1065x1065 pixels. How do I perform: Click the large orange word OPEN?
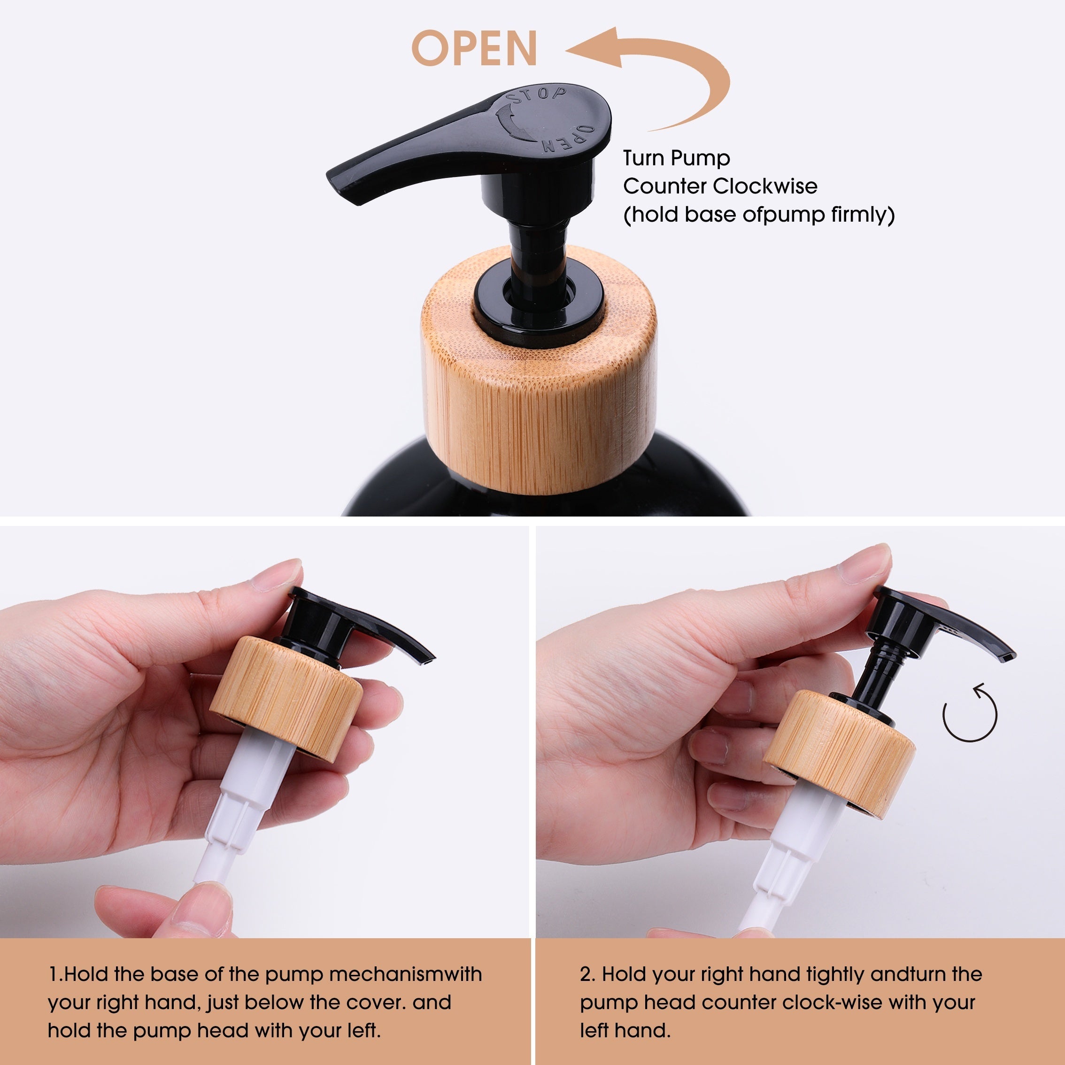pos(474,48)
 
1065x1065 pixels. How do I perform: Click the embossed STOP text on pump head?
pos(538,95)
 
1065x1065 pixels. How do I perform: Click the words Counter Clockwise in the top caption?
pos(720,186)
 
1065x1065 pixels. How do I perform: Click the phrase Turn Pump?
pos(676,158)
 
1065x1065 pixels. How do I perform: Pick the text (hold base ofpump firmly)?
pos(758,215)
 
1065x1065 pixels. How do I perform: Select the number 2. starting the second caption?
pos(587,974)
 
